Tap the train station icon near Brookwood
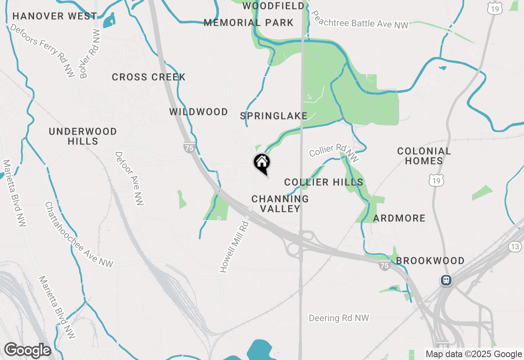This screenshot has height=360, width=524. click(446, 281)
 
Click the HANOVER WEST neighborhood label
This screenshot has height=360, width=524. click(55, 16)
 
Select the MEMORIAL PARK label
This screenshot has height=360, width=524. click(248, 23)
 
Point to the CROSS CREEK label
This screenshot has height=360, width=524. click(149, 77)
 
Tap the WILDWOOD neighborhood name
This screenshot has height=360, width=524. click(199, 112)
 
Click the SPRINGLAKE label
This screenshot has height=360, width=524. click(274, 116)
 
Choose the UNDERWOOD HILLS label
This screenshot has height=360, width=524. click(83, 136)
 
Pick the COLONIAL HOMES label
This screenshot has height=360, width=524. click(424, 156)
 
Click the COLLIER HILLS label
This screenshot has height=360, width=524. click(324, 182)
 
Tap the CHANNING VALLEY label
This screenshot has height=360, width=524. click(280, 203)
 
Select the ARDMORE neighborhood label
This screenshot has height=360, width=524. click(399, 218)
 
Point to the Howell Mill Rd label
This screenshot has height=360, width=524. click(235, 247)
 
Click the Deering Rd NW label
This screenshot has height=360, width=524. click(339, 318)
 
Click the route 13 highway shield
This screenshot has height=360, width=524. click(515, 246)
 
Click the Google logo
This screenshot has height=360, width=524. click(27, 350)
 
